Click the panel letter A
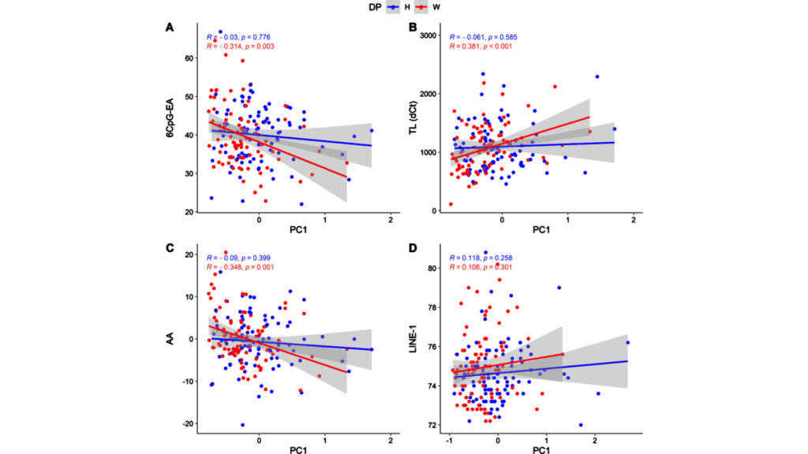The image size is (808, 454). [170, 28]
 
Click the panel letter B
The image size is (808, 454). [411, 28]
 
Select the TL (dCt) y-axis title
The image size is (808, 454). [413, 121]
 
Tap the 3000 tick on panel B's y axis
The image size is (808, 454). [427, 35]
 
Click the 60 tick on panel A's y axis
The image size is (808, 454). [189, 58]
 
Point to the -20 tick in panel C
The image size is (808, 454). [188, 424]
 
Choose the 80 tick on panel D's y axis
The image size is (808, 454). [431, 268]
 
